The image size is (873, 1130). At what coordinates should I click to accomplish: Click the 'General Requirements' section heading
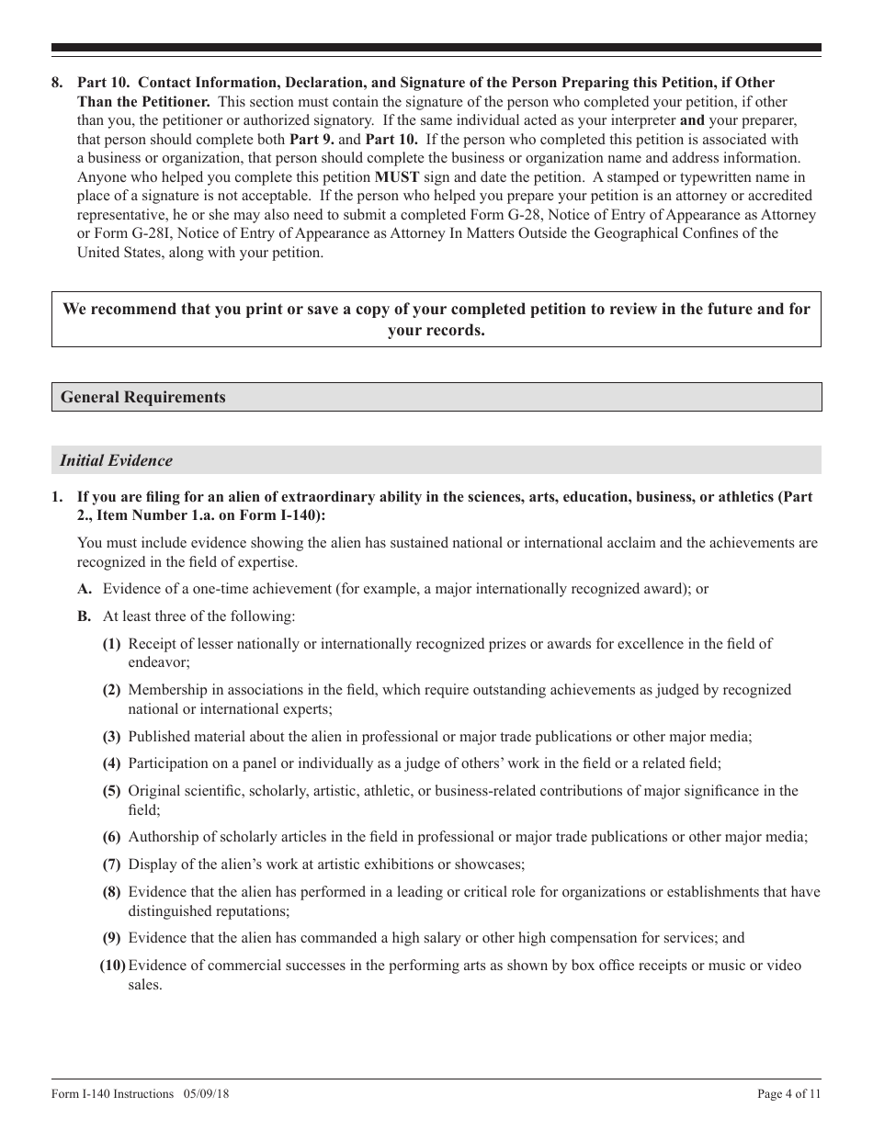tap(142, 397)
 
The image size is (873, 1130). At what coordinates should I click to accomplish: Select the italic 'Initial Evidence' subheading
tap(116, 460)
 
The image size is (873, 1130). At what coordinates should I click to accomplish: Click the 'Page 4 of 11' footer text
tap(788, 1093)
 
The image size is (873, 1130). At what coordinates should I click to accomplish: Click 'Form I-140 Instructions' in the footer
tap(112, 1093)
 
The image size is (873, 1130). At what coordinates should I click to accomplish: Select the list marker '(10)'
tap(112, 966)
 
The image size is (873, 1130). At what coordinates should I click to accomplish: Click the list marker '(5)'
tap(111, 791)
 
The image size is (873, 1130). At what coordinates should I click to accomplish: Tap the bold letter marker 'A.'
tap(85, 589)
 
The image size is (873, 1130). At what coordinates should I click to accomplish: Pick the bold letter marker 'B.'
tap(85, 616)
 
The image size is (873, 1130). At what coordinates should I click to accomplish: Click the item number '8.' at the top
tap(58, 83)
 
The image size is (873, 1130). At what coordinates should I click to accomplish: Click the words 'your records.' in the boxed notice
tap(436, 330)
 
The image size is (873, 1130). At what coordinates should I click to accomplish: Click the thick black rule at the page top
tap(436, 48)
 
